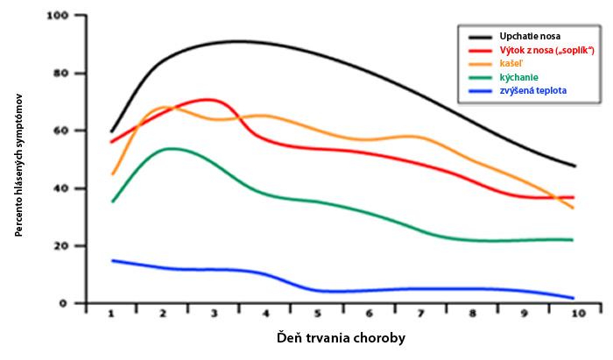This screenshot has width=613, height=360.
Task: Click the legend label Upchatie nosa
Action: pyautogui.click(x=530, y=37)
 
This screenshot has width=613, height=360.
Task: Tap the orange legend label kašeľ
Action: pyautogui.click(x=511, y=64)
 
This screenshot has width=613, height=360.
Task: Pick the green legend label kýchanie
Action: pyautogui.click(x=518, y=77)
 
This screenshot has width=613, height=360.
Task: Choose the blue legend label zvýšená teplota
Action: pyautogui.click(x=532, y=91)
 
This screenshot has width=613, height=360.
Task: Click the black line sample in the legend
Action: pyautogui.click(x=480, y=37)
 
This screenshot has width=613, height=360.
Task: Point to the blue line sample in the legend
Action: pyautogui.click(x=480, y=91)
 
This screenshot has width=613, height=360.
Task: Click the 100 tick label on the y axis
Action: pyautogui.click(x=58, y=16)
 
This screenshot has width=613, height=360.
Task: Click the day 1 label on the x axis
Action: pyautogui.click(x=111, y=314)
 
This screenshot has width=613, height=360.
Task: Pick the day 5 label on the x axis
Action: pyautogui.click(x=317, y=314)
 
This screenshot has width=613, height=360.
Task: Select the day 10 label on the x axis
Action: pyautogui.click(x=578, y=314)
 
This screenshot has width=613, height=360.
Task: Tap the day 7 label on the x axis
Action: pyautogui.click(x=420, y=314)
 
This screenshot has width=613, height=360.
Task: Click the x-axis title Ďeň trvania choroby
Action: pyautogui.click(x=341, y=338)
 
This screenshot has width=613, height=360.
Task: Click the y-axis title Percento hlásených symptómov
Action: pyautogui.click(x=18, y=165)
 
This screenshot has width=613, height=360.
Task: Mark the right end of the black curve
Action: pyautogui.click(x=575, y=166)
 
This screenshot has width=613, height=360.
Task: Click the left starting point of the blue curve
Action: pyautogui.click(x=113, y=260)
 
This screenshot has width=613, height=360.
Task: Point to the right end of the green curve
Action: pyautogui.click(x=573, y=240)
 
